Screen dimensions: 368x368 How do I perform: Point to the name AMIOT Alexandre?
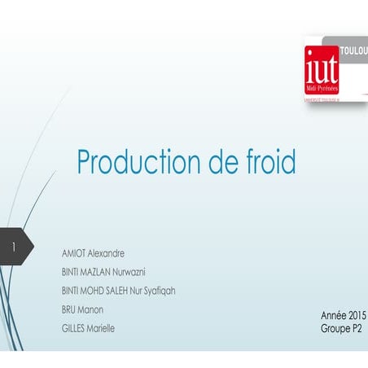click(x=94, y=253)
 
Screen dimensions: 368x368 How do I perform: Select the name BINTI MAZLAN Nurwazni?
click(x=103, y=272)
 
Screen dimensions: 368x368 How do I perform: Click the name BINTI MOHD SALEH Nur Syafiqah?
click(x=118, y=291)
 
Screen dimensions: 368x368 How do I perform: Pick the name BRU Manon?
click(x=82, y=309)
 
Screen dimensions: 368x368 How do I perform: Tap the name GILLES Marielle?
click(x=89, y=328)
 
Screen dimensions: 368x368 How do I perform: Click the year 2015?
click(x=357, y=314)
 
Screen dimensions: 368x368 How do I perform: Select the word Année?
click(x=334, y=314)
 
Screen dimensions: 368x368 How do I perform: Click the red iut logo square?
click(x=322, y=69)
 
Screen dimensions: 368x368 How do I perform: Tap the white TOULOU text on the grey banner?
click(x=353, y=50)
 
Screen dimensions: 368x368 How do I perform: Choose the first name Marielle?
click(x=101, y=328)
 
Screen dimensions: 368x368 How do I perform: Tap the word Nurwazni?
click(x=128, y=272)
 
